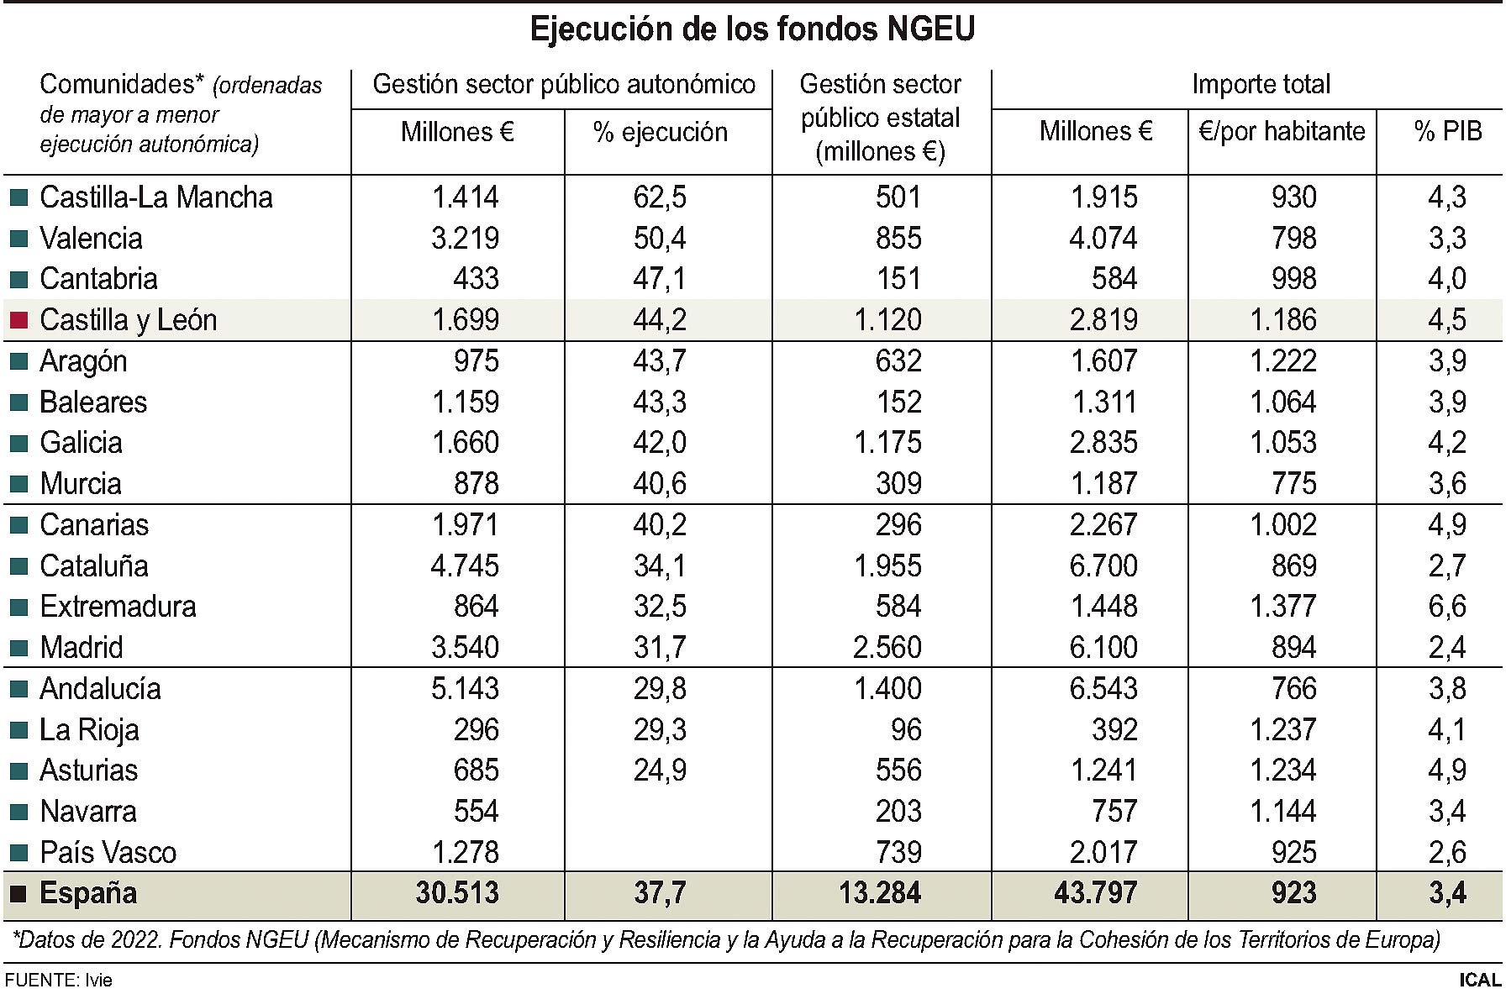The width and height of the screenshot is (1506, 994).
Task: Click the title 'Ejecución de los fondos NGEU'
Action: [x=752, y=29]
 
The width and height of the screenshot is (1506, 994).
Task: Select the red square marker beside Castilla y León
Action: [x=18, y=320]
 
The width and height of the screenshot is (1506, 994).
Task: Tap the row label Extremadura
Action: [x=118, y=607]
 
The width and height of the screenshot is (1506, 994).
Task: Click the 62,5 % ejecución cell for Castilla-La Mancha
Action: [x=660, y=197]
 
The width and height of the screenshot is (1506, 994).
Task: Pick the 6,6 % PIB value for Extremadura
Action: [x=1446, y=607]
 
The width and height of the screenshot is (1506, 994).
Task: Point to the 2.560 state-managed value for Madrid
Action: [x=887, y=648]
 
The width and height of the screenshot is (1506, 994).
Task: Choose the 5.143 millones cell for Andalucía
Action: [x=465, y=689]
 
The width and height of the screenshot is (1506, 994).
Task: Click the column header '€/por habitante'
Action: [x=1282, y=132]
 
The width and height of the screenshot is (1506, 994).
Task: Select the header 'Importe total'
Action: [x=1261, y=85]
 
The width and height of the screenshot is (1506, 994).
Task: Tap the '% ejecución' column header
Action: [x=660, y=133]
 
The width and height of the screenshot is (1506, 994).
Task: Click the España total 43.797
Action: [x=1095, y=893]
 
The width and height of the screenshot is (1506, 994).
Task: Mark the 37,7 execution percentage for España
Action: [x=660, y=893]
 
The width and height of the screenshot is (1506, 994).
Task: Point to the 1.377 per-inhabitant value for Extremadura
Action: [x=1282, y=607]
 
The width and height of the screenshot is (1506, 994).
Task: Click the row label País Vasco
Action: [x=108, y=853]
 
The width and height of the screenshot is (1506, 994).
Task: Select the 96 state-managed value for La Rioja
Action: [x=906, y=730]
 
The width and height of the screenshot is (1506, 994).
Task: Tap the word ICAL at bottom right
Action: [x=1479, y=980]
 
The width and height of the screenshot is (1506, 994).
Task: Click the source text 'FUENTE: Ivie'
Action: [x=58, y=981]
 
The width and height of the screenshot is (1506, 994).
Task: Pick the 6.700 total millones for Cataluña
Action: [x=1103, y=566]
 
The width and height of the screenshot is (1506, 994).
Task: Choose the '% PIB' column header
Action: [x=1447, y=132]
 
